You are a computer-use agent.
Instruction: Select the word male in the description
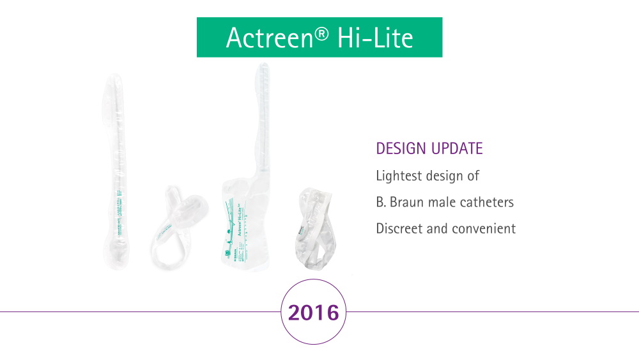tap(438, 202)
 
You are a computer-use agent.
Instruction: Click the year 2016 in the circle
tap(313, 313)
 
